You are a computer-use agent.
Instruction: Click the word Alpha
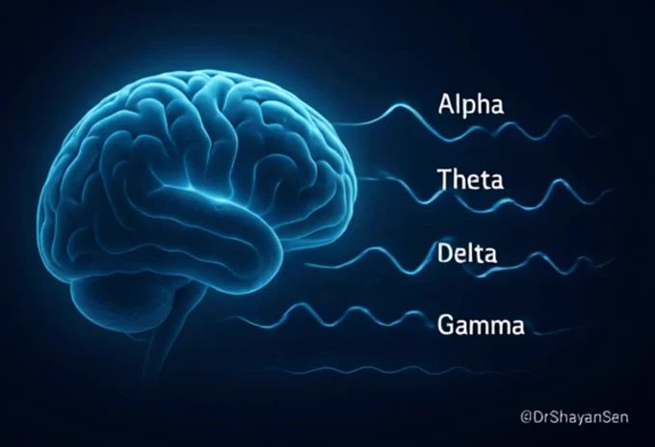(470, 105)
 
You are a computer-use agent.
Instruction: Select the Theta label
(470, 180)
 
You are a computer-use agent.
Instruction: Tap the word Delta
(468, 254)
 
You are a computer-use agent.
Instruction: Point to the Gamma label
(481, 327)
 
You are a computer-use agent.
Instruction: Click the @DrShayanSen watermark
(580, 416)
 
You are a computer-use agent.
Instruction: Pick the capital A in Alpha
(446, 104)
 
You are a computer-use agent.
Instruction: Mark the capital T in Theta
(444, 180)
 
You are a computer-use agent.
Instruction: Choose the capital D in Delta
(445, 254)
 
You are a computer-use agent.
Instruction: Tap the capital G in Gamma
(447, 326)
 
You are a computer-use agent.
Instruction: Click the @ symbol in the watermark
(526, 416)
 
